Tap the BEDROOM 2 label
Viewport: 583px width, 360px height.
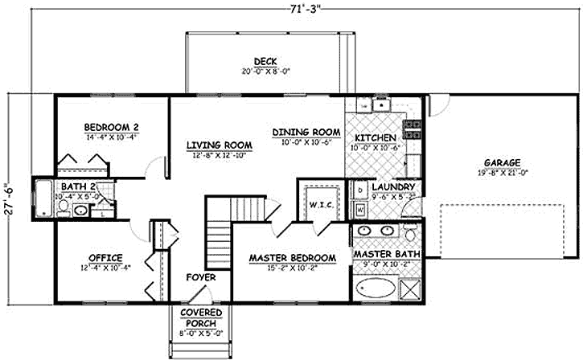[113, 126]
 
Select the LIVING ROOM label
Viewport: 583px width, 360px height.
[220, 145]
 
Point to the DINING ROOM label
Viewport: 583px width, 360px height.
[307, 132]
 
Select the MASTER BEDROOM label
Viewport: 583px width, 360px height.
[292, 257]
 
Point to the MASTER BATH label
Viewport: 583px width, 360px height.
[384, 254]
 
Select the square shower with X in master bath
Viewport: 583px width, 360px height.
[413, 287]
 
